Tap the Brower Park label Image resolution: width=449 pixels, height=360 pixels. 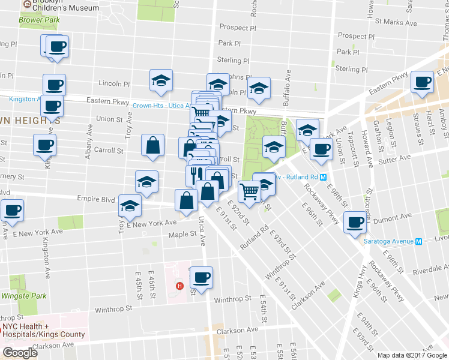coord(39,20)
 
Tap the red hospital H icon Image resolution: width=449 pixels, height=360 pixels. coord(178,286)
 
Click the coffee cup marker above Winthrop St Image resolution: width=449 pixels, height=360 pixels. coord(201,277)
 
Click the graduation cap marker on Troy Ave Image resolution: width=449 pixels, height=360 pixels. coord(129,206)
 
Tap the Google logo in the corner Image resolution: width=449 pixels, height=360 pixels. coord(20,353)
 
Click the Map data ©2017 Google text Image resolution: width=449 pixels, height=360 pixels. coord(412,355)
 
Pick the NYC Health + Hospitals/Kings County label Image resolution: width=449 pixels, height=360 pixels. coord(44,330)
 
